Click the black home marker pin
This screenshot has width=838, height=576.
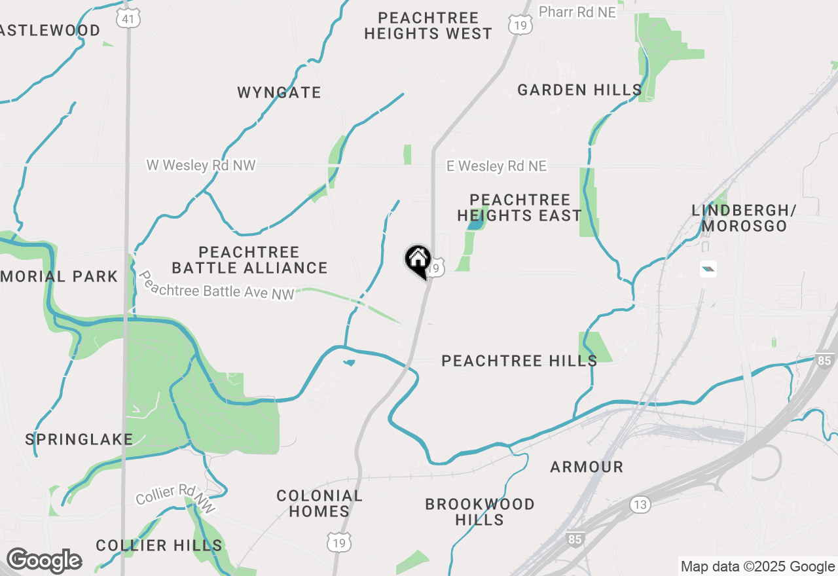coord(418,261)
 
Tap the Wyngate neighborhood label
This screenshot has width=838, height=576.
coord(279,92)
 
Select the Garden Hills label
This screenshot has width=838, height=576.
coord(579,90)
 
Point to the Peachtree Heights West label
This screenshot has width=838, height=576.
coord(428,26)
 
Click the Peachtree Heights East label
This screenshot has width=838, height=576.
coord(519,207)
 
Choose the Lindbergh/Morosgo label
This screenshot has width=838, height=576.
coord(744,218)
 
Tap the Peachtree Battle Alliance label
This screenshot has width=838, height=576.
coord(249,260)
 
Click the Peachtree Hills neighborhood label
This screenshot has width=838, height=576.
coord(519,361)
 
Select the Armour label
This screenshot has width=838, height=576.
coord(587,467)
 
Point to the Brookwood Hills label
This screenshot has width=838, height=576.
coord(480,512)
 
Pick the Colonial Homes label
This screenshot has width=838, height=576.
coord(319,503)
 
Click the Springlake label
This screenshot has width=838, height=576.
coord(79,439)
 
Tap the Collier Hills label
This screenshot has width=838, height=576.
coord(159,545)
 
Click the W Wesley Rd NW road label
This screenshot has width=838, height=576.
coord(201,166)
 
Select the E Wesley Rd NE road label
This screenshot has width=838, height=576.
coord(496,166)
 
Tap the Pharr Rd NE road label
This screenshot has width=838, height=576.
coord(577,12)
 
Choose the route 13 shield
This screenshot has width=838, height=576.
coord(640,504)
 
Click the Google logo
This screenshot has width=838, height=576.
coord(44,560)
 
